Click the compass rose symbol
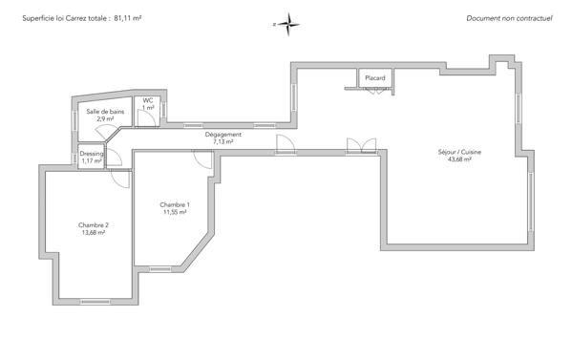(x=288, y=25)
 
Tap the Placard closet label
(x=375, y=78)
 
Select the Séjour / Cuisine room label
(x=459, y=152)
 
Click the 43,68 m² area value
(x=459, y=159)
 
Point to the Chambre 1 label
(x=175, y=204)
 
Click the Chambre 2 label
(x=94, y=225)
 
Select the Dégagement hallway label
(x=223, y=135)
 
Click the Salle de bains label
(x=105, y=112)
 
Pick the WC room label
(x=148, y=100)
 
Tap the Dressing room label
(x=92, y=154)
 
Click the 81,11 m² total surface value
(x=128, y=18)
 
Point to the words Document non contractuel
(x=509, y=18)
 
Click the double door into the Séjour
(x=361, y=145)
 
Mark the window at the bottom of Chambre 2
(x=95, y=302)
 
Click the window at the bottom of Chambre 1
(x=160, y=269)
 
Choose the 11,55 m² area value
(x=175, y=212)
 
